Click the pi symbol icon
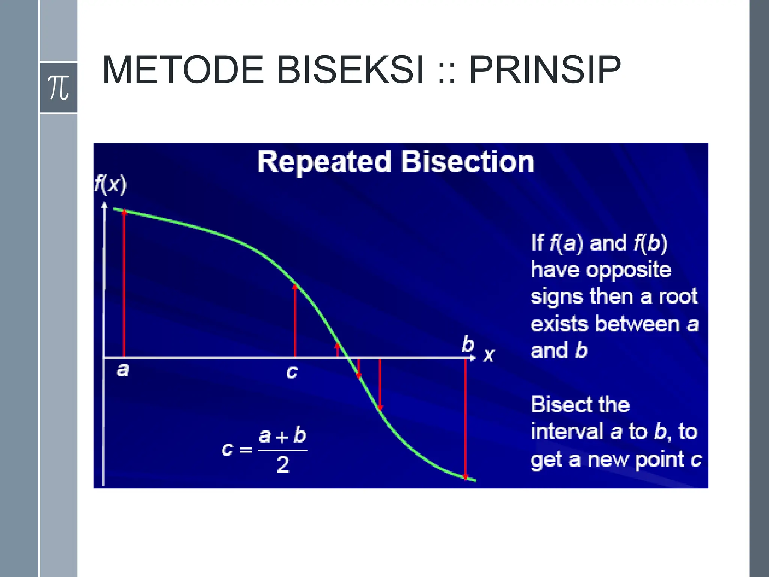59,88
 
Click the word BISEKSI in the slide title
350,70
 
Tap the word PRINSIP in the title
545,70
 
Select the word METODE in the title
183,70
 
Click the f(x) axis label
110,185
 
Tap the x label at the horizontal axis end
489,355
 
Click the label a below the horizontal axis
123,370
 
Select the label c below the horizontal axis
292,372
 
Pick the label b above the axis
468,344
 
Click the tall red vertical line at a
124,285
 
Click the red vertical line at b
466,417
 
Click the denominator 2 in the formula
283,465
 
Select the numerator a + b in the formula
282,436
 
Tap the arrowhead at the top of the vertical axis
104,205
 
